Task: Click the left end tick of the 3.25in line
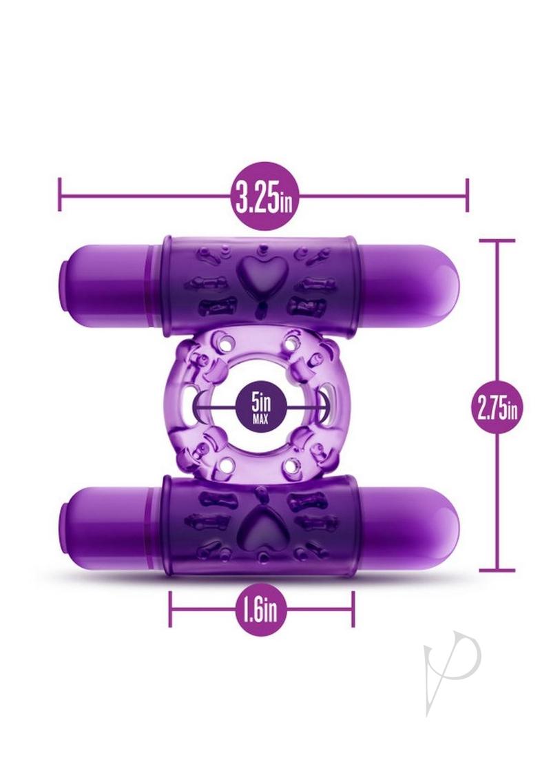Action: click(60, 194)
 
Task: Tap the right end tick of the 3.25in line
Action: click(467, 194)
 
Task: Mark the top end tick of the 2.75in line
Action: click(497, 240)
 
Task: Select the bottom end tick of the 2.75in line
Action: click(497, 570)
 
